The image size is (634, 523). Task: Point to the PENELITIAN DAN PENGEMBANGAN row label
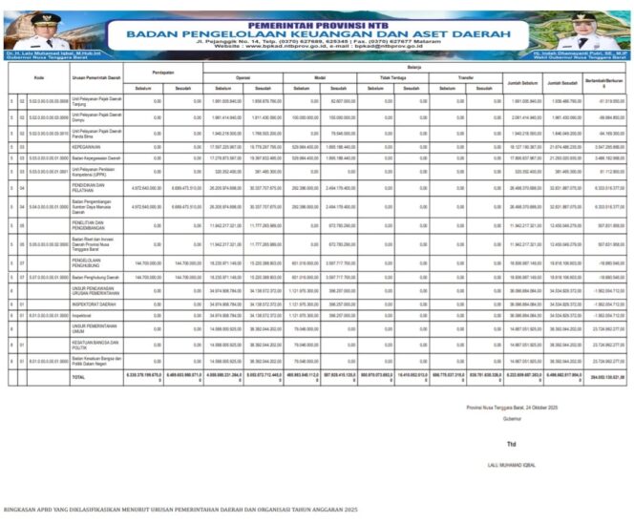(86, 225)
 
